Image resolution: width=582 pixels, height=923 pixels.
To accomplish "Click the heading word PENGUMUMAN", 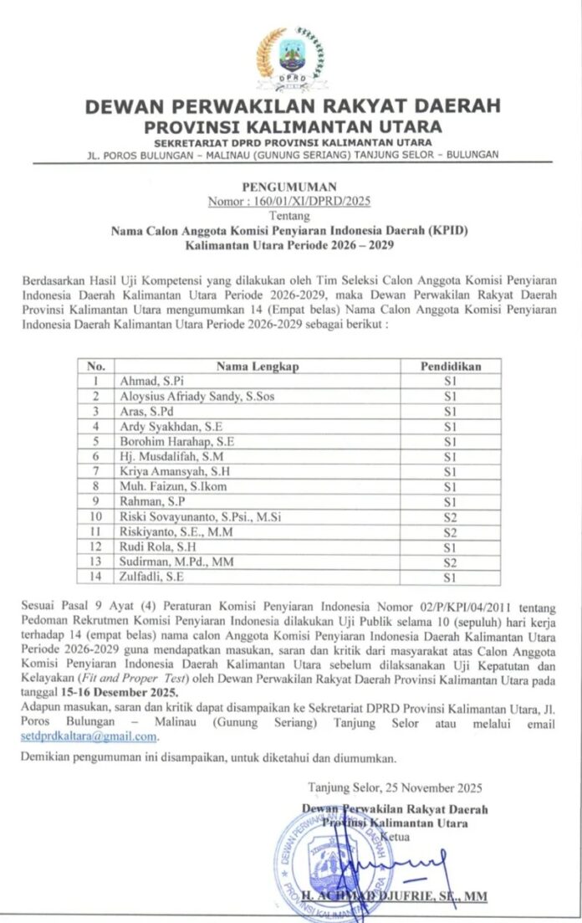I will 290,187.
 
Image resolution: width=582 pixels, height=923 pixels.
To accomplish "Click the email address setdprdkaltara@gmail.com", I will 89,736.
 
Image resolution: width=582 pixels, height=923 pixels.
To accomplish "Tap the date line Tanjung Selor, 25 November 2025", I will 394,787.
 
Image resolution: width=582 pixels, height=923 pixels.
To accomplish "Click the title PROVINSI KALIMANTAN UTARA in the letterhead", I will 292,127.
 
